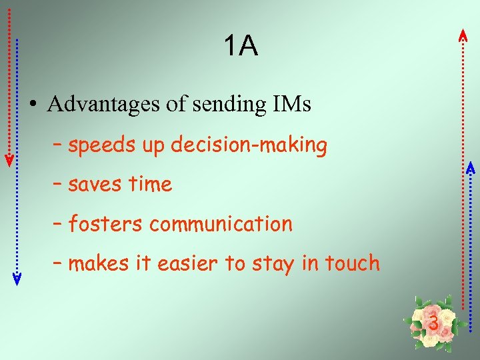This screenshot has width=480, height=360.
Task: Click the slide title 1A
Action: tap(240, 47)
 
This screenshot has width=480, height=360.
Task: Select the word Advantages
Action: tap(104, 104)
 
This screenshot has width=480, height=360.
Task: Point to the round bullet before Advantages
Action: tap(32, 105)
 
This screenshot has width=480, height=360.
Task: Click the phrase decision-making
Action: tap(249, 146)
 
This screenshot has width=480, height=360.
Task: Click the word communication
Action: tap(221, 225)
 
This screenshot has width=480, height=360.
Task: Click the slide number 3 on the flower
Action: tap(433, 323)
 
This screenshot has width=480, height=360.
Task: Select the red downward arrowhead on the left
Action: tap(9, 160)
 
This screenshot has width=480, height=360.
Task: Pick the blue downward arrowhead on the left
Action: tap(17, 279)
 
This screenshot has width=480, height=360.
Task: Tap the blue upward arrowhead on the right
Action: tap(470, 167)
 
